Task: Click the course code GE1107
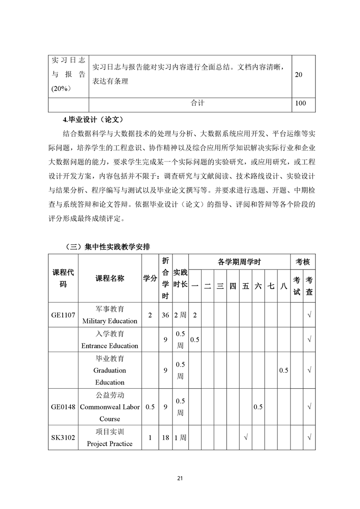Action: click(x=63, y=315)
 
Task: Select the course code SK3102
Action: click(x=63, y=438)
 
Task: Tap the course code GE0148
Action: click(x=63, y=407)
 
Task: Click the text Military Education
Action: click(x=109, y=321)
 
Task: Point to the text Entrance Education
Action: click(x=109, y=345)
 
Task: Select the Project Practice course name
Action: click(x=109, y=443)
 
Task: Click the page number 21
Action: click(x=180, y=478)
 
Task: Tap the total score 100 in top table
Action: click(x=300, y=103)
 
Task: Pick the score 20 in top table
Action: click(x=298, y=75)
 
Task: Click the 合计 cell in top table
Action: click(x=197, y=103)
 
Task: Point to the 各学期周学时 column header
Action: click(x=239, y=262)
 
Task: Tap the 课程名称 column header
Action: click(x=109, y=278)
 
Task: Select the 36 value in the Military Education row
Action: click(x=166, y=315)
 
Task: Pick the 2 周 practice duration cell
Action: click(x=180, y=315)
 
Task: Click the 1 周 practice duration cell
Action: click(x=180, y=438)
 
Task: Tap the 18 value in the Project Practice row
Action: click(x=166, y=438)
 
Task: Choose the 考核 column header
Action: click(x=303, y=262)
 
